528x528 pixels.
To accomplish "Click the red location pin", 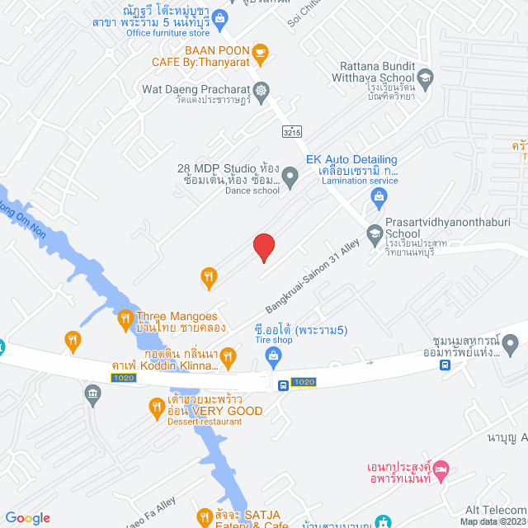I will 263,247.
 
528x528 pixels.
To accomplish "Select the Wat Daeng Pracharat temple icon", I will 262,89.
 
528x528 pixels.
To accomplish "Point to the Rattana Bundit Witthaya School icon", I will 425,80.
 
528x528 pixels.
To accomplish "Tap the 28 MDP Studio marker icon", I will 290,176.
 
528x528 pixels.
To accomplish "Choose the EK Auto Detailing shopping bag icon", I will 379,196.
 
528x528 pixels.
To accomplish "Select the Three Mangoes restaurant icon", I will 125,318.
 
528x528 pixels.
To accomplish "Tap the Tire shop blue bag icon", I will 273,356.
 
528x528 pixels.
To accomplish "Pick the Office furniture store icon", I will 219,16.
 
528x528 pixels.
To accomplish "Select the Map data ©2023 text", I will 492,521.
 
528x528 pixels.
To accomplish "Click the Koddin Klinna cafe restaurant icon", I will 229,356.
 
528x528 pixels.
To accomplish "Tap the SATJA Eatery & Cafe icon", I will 200,516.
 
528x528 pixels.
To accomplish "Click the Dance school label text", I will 252,191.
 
